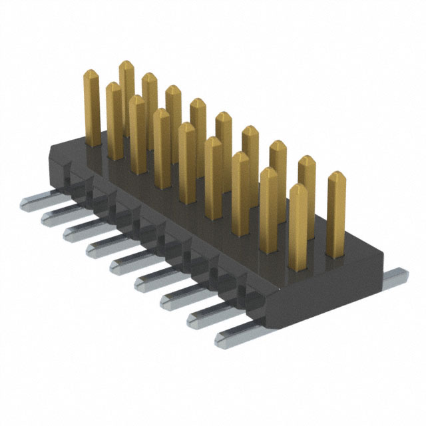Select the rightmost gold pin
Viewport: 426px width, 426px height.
pyautogui.click(x=337, y=213)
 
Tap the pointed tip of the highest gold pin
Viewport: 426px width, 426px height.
pyautogui.click(x=126, y=65)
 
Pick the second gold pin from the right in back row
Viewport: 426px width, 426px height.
pyautogui.click(x=306, y=180)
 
